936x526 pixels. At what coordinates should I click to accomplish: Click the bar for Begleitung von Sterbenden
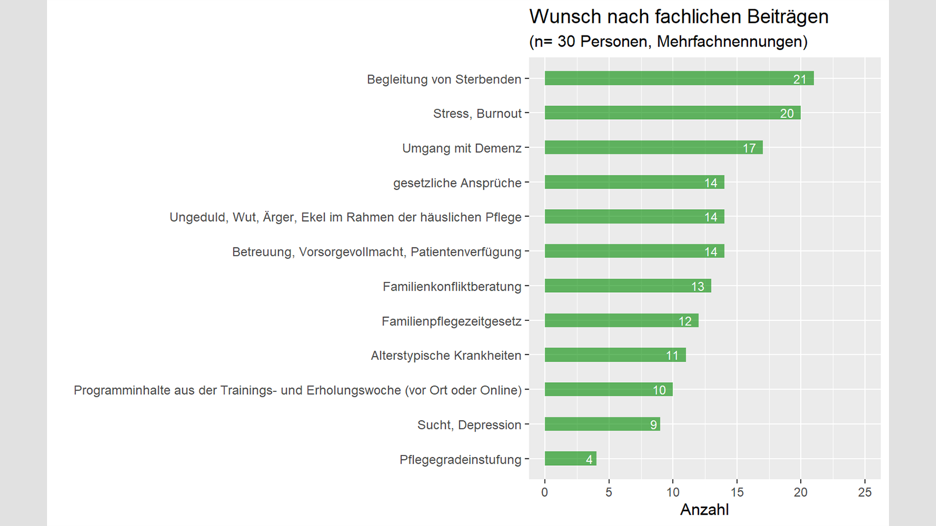pos(678,78)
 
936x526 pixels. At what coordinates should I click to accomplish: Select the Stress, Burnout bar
pos(672,113)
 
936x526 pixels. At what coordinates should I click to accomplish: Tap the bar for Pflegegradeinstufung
pos(570,459)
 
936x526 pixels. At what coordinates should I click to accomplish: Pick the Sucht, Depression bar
pos(602,424)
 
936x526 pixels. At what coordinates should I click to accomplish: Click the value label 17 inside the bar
pos(749,148)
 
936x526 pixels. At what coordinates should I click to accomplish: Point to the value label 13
pos(697,286)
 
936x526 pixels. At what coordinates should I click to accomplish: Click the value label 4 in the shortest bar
pos(589,460)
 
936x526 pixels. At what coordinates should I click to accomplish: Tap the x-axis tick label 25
pos(864,492)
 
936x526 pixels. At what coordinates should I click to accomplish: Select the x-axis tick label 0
pos(545,492)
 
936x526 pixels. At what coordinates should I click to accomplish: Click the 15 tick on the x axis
pos(736,492)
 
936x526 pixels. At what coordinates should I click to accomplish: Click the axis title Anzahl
pos(704,510)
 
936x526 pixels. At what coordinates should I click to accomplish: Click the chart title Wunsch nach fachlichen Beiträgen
pos(678,17)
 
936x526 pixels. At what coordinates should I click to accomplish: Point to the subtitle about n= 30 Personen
pos(668,42)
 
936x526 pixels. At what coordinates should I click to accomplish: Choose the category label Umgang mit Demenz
pos(462,148)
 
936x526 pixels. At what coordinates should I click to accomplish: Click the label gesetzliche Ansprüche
pos(457,183)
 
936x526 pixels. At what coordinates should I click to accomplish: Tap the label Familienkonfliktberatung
pos(452,286)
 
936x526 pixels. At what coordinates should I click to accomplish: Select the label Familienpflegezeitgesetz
pos(451,321)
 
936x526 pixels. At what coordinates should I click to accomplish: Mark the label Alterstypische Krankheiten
pos(446,355)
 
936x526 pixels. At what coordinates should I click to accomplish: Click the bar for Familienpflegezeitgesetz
pos(621,320)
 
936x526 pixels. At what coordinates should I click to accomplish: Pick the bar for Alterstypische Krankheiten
pos(615,355)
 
